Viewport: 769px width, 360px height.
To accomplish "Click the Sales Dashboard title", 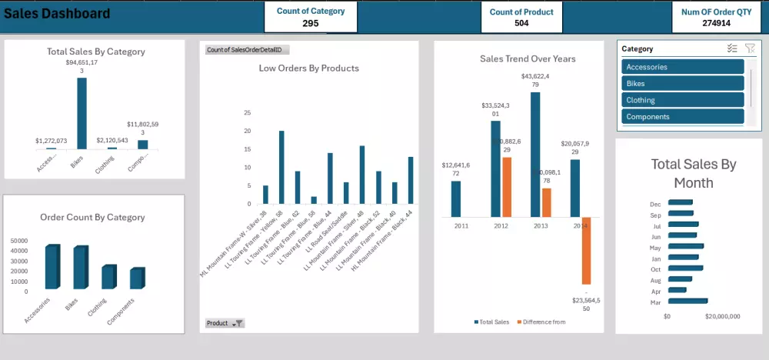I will [58, 14].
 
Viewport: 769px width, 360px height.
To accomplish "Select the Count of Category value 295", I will [311, 24].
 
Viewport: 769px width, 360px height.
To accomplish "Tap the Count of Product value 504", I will [522, 23].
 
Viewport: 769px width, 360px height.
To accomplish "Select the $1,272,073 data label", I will [51, 141].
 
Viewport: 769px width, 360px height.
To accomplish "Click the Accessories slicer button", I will [683, 67].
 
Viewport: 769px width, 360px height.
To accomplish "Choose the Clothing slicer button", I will [683, 100].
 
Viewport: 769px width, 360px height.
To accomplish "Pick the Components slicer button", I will [683, 117].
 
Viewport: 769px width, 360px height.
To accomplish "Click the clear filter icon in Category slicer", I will [750, 48].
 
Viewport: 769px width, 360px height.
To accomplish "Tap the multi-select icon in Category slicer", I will [732, 48].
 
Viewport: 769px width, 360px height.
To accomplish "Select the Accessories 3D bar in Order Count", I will [52, 267].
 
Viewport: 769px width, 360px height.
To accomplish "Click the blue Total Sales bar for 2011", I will [456, 198].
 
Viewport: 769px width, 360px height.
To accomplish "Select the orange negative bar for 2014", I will [586, 251].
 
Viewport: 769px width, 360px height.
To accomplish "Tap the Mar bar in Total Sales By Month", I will [687, 301].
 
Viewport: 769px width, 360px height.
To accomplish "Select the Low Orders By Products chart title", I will [308, 68].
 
